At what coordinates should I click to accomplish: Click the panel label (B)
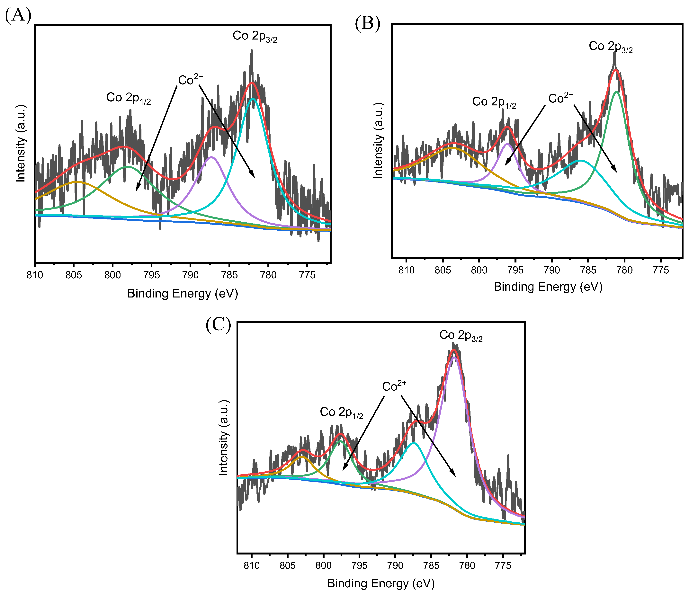(x=367, y=24)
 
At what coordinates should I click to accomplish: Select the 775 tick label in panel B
(x=661, y=270)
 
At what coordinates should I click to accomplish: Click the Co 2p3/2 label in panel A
(x=255, y=36)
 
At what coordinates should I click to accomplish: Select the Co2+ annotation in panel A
(x=190, y=80)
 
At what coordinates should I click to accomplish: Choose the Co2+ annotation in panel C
(x=394, y=386)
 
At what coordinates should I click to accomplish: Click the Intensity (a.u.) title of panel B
(x=378, y=141)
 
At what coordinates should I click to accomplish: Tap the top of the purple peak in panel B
(x=507, y=144)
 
